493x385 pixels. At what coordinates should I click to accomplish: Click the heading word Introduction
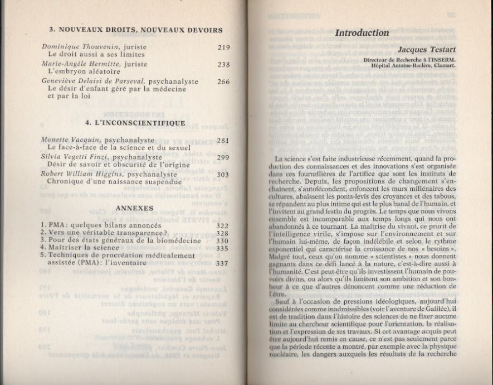coord(362,33)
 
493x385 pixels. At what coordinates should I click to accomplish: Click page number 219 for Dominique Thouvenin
coord(223,48)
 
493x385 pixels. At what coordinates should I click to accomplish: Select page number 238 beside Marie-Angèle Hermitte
coord(223,65)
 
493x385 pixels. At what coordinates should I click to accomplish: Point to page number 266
coord(223,81)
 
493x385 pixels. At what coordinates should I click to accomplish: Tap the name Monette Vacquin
coord(70,139)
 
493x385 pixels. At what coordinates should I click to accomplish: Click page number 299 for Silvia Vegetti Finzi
coord(223,157)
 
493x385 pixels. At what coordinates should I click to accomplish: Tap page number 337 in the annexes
coord(222,263)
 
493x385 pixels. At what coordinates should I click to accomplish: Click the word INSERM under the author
coord(443,59)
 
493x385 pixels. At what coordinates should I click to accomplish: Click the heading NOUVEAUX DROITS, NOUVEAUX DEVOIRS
coord(136,30)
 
